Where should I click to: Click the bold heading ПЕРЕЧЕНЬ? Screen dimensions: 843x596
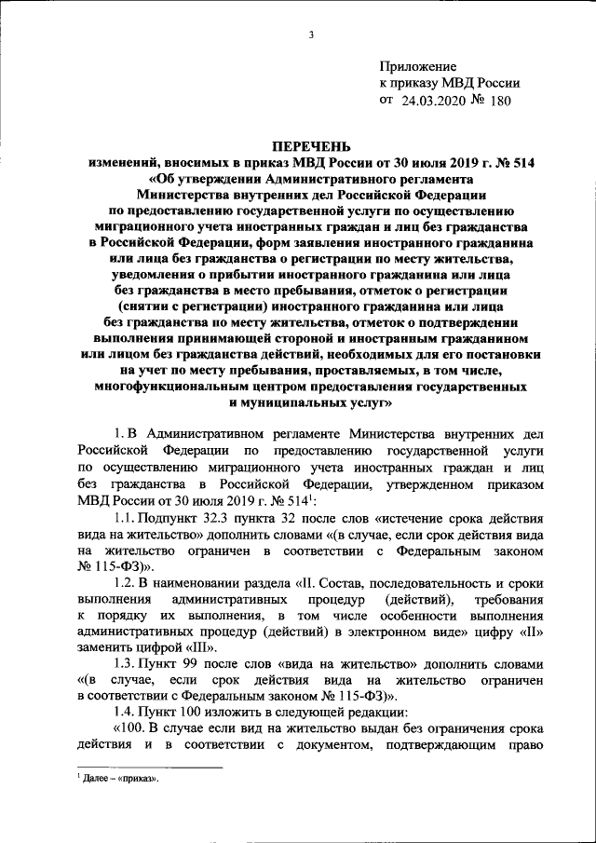[x=312, y=145]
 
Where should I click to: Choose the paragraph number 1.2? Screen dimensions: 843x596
[x=124, y=583]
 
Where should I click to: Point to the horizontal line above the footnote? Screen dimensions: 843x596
[x=149, y=768]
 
